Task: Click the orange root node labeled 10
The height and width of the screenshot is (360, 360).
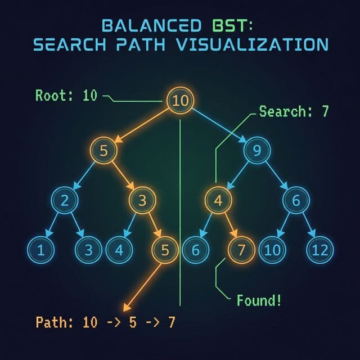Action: point(180,101)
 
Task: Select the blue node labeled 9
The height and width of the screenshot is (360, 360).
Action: point(257,150)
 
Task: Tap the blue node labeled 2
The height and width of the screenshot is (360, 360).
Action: point(65,201)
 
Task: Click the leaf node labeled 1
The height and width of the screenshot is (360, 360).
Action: point(40,250)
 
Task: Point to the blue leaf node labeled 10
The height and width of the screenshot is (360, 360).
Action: point(272,250)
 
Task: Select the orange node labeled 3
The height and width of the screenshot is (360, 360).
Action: point(143,201)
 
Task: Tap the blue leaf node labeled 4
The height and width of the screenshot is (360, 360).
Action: point(118,250)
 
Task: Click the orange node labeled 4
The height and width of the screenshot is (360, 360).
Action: point(218,201)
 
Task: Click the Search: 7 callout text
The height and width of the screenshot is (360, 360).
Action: point(294,111)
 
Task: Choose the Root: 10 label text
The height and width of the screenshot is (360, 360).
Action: point(66,95)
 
